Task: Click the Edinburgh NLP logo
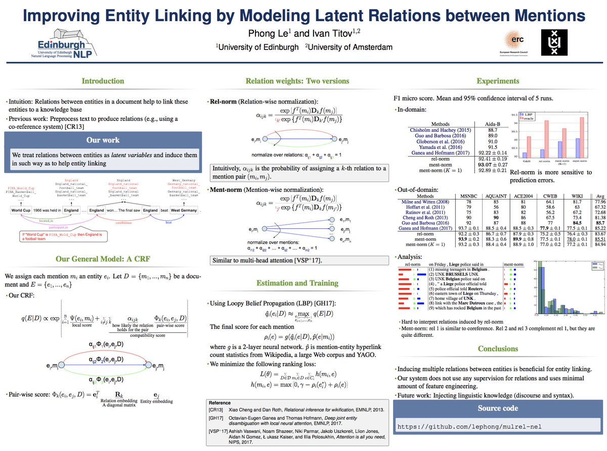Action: pos(68,46)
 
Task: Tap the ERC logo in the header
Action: pos(515,42)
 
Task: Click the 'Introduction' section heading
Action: pos(103,81)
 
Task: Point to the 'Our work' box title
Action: pos(103,140)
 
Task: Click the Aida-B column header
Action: pos(484,123)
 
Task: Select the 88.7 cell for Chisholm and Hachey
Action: pos(484,130)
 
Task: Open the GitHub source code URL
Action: pos(469,427)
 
